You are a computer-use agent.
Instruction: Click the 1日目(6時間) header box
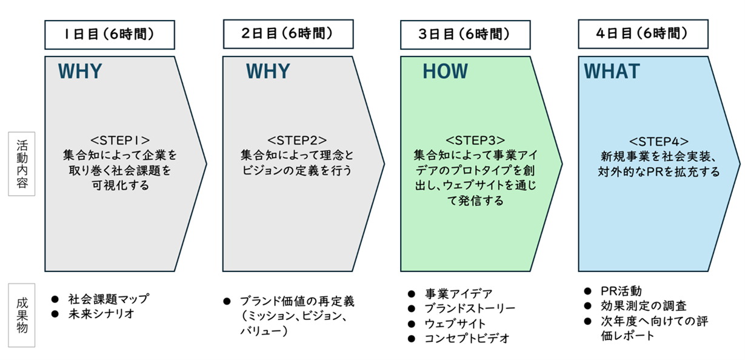tap(110, 35)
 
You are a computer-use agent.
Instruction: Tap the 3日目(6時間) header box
tap(465, 35)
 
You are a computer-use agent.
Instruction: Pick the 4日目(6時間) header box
tap(643, 35)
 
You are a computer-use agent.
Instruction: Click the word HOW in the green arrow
tap(445, 72)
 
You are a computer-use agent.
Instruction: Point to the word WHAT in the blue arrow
tap(612, 72)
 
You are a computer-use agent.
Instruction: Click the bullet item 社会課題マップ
tap(108, 299)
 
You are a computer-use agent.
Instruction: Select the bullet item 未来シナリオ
tap(100, 314)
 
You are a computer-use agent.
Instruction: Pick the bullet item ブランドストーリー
tap(470, 308)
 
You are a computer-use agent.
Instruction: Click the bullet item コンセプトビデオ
tap(467, 338)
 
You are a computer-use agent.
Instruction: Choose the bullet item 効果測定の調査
tap(644, 306)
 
